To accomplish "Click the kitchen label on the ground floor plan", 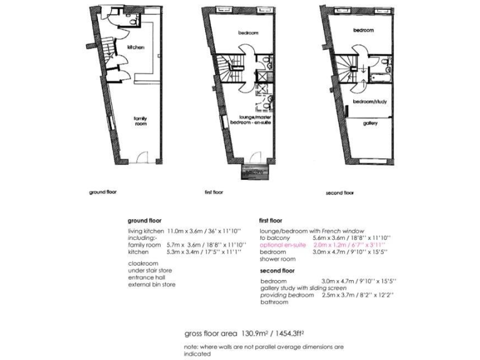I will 136,47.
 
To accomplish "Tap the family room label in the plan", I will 139,121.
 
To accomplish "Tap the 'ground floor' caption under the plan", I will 102,192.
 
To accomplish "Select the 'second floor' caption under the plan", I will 340,193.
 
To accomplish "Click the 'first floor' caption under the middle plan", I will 214,192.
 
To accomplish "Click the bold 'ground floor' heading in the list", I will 145,221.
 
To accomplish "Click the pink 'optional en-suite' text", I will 282,245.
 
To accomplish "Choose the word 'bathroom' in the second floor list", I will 274,302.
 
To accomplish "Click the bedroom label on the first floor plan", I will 248,32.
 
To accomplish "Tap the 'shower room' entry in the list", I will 277,259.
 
